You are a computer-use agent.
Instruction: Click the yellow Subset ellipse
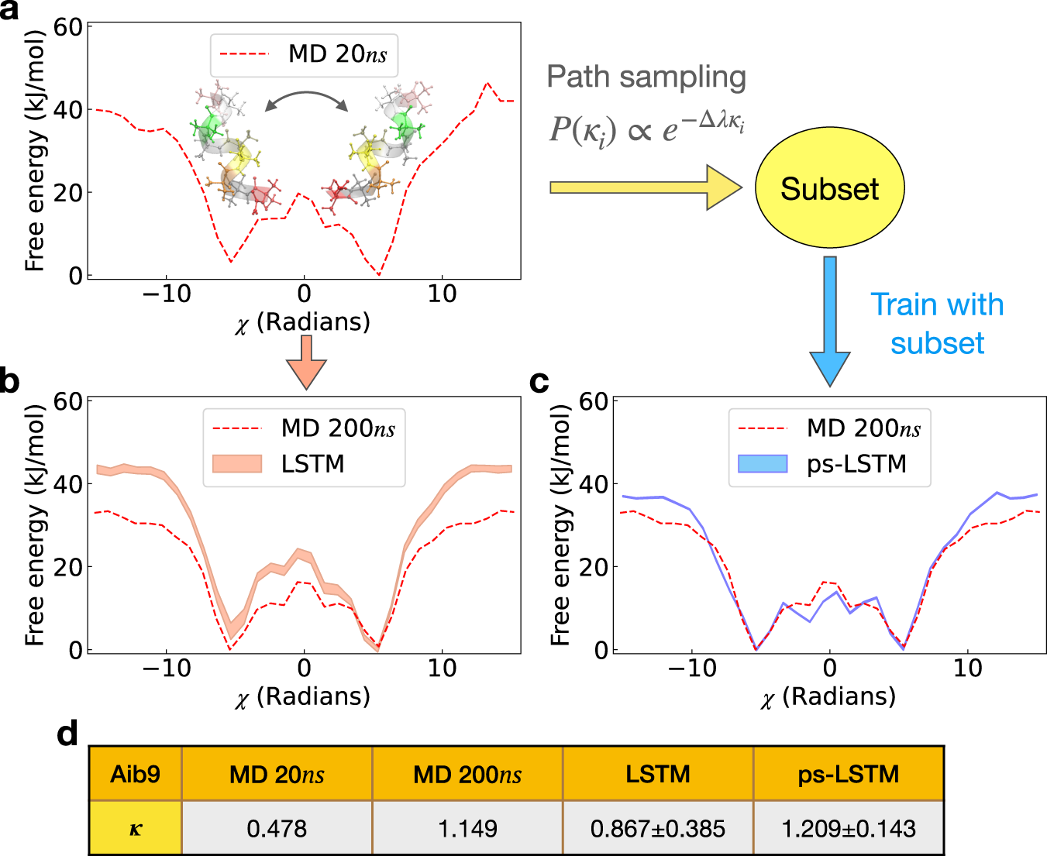(x=829, y=189)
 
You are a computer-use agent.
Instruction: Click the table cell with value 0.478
(x=277, y=828)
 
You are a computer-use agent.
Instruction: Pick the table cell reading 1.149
(x=467, y=828)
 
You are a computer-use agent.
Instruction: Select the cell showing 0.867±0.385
(x=658, y=828)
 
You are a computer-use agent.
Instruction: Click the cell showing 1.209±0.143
(x=849, y=828)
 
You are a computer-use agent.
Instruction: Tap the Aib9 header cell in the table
(x=135, y=774)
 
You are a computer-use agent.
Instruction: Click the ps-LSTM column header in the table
(x=849, y=774)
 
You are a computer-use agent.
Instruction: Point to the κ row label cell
(x=135, y=828)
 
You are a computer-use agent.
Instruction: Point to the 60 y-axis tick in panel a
(x=68, y=27)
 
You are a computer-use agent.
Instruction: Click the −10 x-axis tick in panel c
(x=691, y=668)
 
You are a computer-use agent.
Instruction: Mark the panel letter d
(x=67, y=733)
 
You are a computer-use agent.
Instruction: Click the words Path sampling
(x=646, y=77)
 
